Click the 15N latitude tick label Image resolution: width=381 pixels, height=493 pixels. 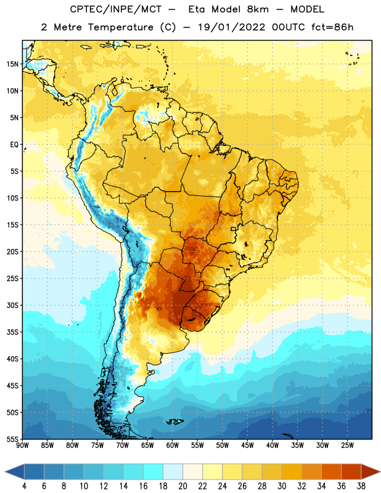tap(12, 64)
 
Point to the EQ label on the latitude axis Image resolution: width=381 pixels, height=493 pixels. tap(14, 145)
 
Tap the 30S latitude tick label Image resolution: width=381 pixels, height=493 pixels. tap(12, 305)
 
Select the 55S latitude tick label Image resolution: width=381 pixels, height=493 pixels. tap(12, 439)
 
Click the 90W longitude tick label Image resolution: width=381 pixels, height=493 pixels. tap(22, 446)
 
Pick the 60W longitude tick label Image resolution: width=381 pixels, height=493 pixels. tap(173, 446)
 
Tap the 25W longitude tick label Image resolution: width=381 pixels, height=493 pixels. tap(347, 446)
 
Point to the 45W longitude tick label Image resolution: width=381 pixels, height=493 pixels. tap(247, 446)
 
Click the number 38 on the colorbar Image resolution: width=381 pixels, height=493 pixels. tap(361, 486)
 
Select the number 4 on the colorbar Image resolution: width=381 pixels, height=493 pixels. tap(24, 486)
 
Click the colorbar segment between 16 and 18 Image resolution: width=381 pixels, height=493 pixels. tap(153, 471)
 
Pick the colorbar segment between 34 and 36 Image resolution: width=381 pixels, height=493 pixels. tap(331, 471)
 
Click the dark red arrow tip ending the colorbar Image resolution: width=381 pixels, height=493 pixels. tap(371, 471)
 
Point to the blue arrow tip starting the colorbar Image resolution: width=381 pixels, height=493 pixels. tap(14, 471)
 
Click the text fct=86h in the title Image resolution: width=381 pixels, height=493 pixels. tap(332, 27)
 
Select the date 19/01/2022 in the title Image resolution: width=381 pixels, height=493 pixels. tap(231, 27)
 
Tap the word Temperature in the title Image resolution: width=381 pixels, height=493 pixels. tap(120, 27)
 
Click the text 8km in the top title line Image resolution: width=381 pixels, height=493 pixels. tap(258, 9)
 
